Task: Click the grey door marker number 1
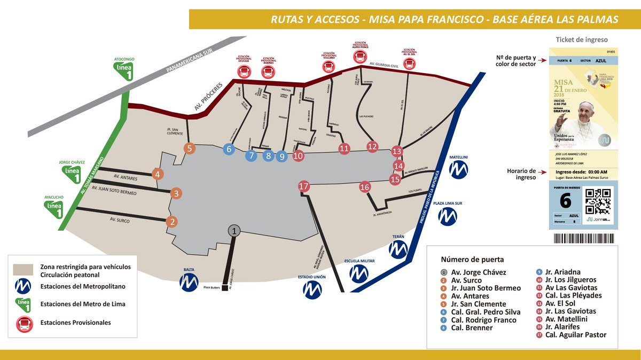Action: [234, 230]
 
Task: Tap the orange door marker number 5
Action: [190, 149]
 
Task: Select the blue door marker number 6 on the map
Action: [229, 149]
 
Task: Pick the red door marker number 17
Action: [304, 186]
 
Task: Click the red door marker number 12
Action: [372, 146]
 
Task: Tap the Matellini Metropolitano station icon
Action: [458, 170]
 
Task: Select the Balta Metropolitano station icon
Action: [189, 283]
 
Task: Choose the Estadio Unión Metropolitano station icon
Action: [312, 289]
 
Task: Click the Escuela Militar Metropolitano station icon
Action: [359, 273]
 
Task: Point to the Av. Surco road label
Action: [120, 219]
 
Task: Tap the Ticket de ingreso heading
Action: [581, 40]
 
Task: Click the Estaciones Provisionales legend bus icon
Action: [25, 323]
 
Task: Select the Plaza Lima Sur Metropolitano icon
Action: [448, 216]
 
